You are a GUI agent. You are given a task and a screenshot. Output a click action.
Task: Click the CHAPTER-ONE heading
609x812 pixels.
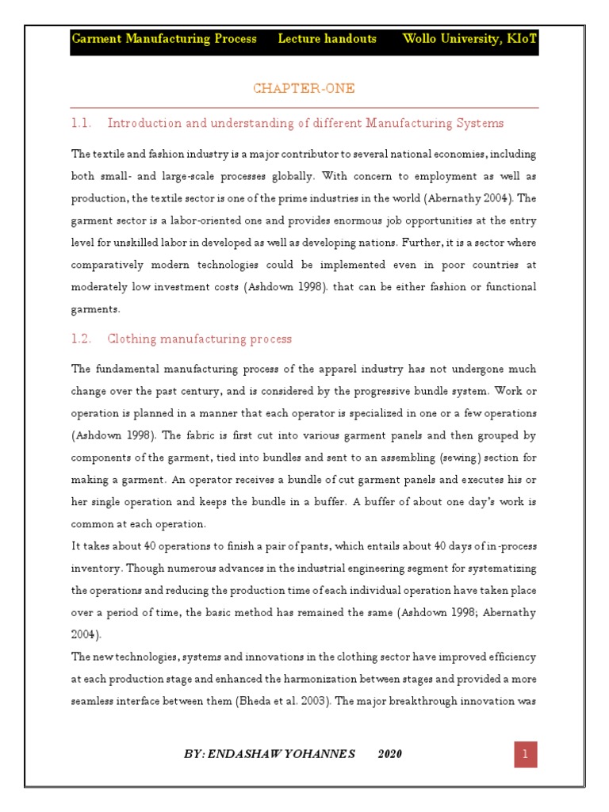304,89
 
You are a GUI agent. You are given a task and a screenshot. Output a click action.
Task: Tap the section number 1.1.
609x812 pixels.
82,124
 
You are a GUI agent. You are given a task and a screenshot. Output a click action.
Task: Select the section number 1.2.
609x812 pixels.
82,339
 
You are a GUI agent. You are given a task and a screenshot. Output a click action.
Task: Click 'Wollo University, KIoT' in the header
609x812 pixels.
469,39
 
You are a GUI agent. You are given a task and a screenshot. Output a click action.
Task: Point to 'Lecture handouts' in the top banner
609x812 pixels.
327,39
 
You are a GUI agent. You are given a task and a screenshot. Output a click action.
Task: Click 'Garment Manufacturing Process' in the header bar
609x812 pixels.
164,39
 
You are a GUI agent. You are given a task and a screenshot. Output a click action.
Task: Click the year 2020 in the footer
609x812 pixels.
389,754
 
